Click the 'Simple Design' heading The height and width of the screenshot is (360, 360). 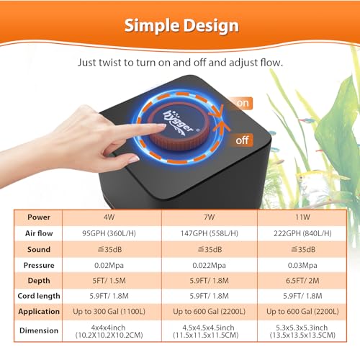181,26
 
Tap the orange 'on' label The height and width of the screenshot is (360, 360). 243,103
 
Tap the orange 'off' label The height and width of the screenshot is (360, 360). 242,140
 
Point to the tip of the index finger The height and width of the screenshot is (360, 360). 165,125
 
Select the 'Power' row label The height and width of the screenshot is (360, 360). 39,217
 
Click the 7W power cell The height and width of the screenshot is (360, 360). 210,217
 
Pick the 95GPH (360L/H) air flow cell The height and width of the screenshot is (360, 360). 109,233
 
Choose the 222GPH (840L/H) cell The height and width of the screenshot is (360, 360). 302,233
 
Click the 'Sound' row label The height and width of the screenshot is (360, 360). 39,249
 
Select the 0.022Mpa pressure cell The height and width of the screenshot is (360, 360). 209,265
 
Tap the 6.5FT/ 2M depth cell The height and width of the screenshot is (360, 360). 302,281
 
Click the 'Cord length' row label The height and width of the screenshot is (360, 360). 39,296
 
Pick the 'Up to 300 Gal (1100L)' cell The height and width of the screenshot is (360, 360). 109,312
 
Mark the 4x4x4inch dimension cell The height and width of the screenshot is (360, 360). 109,331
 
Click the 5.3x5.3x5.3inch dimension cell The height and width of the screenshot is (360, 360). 302,331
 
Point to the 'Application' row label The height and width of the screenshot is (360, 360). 39,312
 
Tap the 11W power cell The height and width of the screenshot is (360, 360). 302,217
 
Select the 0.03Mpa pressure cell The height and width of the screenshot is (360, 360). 302,265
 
